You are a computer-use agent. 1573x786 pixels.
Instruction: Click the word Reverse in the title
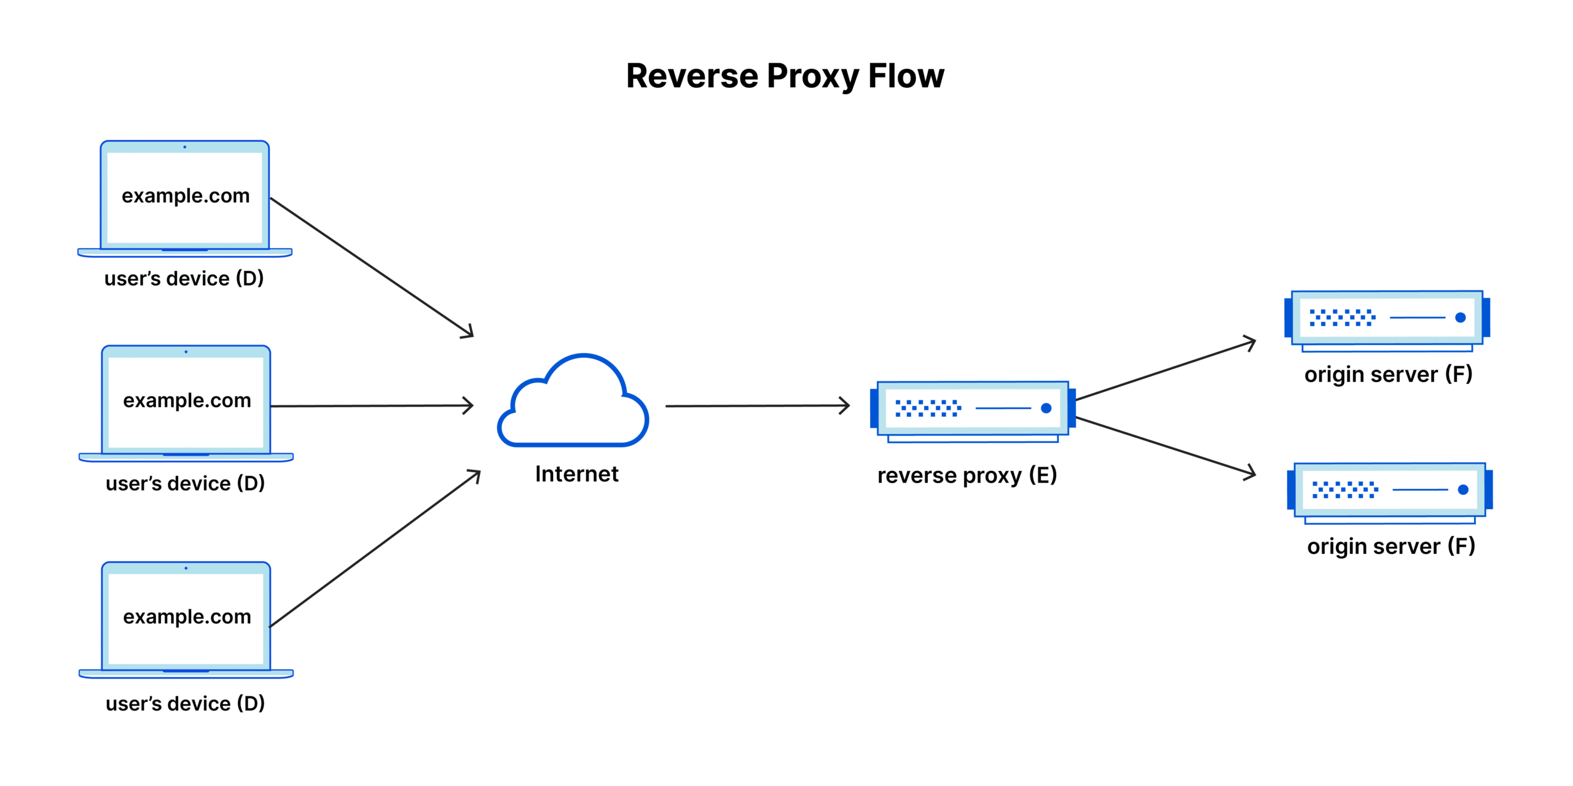(x=692, y=76)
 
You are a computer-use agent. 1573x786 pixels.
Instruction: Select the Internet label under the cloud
(x=576, y=474)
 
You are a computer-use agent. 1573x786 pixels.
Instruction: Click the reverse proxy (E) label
(x=967, y=475)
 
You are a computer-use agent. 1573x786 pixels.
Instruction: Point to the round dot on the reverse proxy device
(x=1046, y=408)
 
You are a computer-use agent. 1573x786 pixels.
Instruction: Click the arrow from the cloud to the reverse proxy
(x=756, y=406)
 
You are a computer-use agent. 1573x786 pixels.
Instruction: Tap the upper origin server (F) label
(x=1388, y=374)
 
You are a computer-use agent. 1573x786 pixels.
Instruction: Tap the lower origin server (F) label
(x=1391, y=546)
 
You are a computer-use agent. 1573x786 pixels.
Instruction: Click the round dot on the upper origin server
(x=1461, y=317)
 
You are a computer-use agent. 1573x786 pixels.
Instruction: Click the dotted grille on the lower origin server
(x=1345, y=489)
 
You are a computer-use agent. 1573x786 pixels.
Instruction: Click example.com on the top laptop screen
(x=186, y=196)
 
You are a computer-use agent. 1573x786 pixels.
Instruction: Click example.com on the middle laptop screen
(x=187, y=400)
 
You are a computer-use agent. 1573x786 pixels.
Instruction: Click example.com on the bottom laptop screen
(x=187, y=617)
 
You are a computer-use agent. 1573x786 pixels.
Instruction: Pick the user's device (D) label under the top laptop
(x=184, y=279)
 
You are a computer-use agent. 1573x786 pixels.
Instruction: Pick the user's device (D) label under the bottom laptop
(x=185, y=704)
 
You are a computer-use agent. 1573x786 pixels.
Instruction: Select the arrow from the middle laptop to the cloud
(x=369, y=406)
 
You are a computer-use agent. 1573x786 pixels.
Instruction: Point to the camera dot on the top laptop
(x=184, y=147)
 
